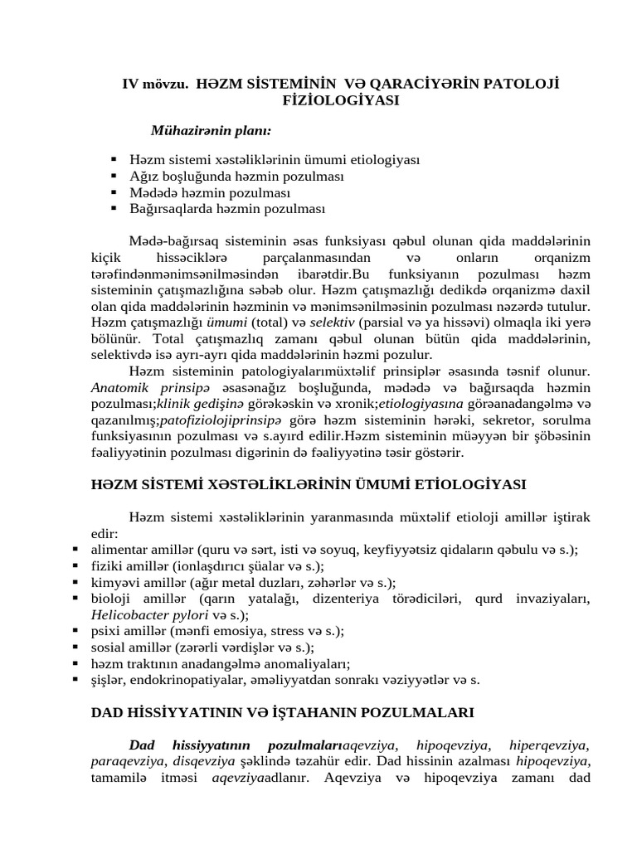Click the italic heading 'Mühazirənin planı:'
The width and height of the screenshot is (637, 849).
click(x=211, y=130)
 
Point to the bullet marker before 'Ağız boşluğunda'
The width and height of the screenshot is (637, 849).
click(x=114, y=177)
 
